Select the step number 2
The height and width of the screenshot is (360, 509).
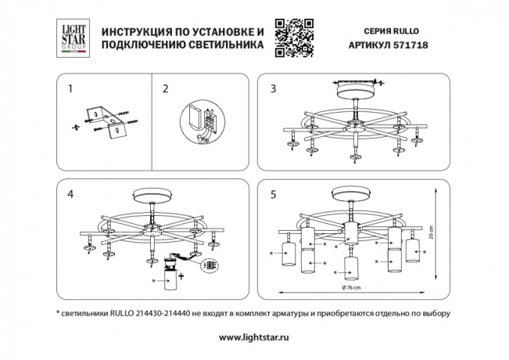point(165,88)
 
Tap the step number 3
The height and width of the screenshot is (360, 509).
point(273,88)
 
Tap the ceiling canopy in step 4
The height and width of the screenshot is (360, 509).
point(153,195)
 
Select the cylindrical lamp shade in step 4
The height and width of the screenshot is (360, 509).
point(170,278)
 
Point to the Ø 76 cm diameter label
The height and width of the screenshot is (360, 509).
point(351,289)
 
